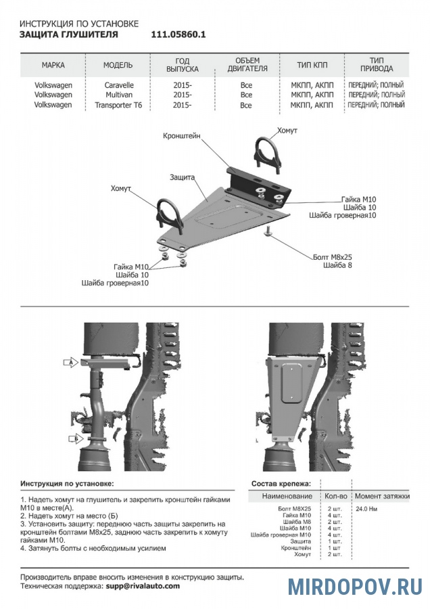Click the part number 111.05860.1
coord(178,35)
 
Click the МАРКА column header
coord(53,66)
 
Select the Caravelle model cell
coord(119,86)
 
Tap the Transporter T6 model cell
coord(119,106)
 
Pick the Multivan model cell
coord(119,95)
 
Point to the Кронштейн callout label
coord(181,136)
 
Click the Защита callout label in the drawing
coord(183,177)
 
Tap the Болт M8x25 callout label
coord(333,257)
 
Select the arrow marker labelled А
coord(71,363)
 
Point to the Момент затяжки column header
coord(382,496)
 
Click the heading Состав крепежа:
coord(281,484)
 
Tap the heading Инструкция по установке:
coord(67,484)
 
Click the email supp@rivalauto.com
coord(142,586)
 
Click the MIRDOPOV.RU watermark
coord(354,586)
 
